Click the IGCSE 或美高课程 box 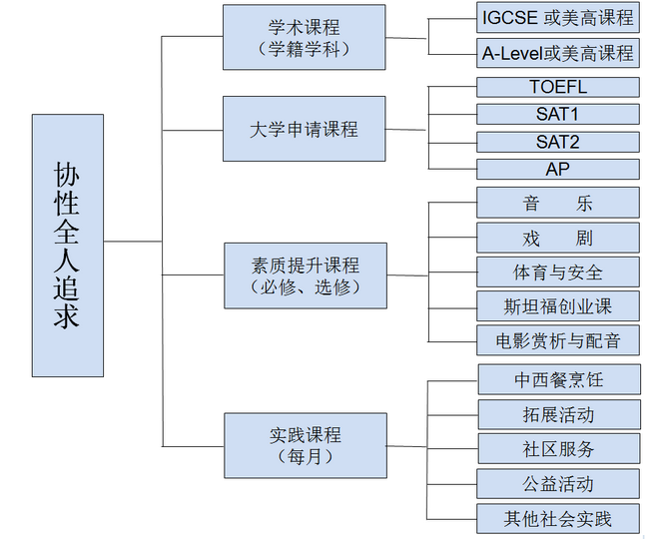557,18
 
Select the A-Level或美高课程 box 557,53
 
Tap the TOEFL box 557,88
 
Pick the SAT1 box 557,115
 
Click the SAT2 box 557,142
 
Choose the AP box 557,169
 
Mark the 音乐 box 557,204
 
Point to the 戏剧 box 557,238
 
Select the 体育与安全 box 557,271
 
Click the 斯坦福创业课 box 557,305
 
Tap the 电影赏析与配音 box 557,340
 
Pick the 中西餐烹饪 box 557,380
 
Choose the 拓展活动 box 557,414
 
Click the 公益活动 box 557,483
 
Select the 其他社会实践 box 557,518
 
